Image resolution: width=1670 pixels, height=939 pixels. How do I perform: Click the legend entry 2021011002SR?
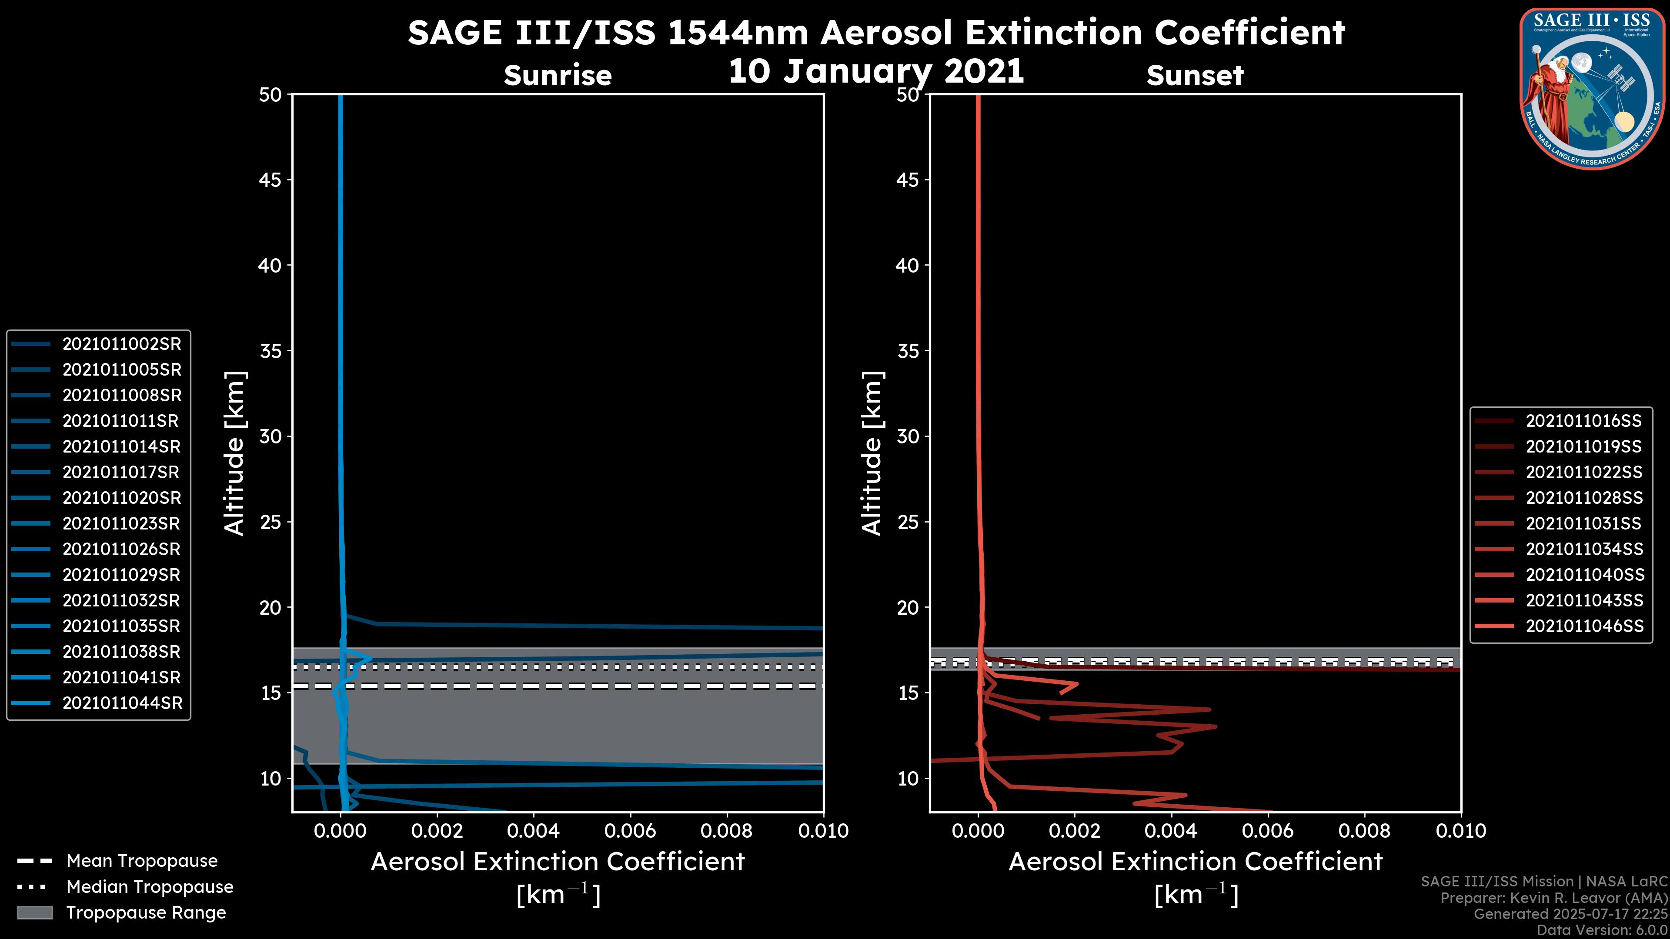click(x=121, y=344)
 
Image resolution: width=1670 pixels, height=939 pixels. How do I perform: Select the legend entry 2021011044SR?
click(x=122, y=703)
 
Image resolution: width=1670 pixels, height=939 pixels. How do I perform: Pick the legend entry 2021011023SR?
click(x=120, y=523)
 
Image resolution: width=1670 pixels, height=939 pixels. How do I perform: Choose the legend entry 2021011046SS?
click(x=1584, y=626)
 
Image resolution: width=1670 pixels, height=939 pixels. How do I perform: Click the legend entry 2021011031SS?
click(x=1583, y=523)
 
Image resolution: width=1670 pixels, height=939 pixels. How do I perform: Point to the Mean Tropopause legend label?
click(x=142, y=861)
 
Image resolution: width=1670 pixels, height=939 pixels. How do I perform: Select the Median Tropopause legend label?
click(x=150, y=886)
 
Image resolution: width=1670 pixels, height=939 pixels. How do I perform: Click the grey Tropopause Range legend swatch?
click(x=34, y=912)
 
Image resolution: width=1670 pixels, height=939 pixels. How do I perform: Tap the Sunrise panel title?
click(x=558, y=75)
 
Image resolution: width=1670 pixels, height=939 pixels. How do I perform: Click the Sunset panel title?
click(x=1195, y=75)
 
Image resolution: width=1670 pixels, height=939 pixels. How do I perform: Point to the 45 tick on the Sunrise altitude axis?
click(x=271, y=180)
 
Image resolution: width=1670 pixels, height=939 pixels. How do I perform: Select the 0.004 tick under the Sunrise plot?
click(x=534, y=831)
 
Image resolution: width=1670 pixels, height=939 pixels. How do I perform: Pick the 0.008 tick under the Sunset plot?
click(x=1365, y=831)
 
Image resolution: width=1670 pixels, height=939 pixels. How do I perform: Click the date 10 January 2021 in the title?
click(x=876, y=71)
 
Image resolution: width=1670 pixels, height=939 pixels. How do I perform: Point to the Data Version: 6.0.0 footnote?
click(x=1601, y=930)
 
